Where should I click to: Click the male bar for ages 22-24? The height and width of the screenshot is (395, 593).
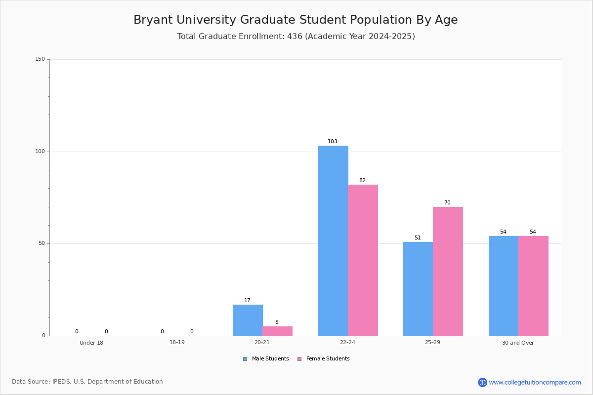click(333, 240)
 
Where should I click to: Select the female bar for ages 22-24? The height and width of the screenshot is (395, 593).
click(363, 260)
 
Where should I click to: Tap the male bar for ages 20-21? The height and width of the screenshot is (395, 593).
click(248, 320)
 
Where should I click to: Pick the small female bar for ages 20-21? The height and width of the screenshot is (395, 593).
click(277, 331)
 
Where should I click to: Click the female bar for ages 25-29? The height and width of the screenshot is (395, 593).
click(448, 271)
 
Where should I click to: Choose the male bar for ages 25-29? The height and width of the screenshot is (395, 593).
click(418, 289)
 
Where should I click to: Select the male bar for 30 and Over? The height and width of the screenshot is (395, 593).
click(504, 286)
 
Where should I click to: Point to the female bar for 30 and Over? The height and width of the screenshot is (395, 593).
click(533, 286)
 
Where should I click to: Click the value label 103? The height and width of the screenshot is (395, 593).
click(333, 142)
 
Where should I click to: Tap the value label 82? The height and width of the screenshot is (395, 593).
click(362, 181)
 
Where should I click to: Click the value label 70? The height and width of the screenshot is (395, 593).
click(447, 203)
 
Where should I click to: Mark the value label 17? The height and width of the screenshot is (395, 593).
click(247, 301)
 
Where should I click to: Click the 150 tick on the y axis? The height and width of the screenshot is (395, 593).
click(40, 59)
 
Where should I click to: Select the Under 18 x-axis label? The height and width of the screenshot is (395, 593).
click(91, 343)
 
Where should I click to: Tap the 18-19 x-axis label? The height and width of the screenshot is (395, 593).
click(177, 343)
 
